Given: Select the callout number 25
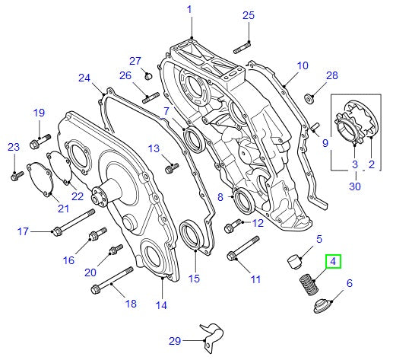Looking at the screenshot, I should pos(249,15).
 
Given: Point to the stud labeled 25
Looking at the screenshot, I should pos(242,46).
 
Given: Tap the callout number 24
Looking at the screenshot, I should pos(84,78).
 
